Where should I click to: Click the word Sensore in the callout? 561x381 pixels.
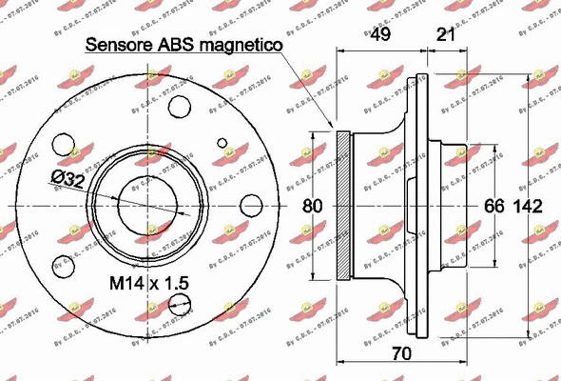(119, 44)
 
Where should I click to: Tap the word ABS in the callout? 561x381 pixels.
(177, 44)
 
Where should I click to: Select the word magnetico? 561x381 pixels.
(238, 44)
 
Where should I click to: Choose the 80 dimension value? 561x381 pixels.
(313, 206)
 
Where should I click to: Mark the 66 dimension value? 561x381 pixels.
(494, 207)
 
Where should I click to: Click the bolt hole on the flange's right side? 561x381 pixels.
(251, 206)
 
